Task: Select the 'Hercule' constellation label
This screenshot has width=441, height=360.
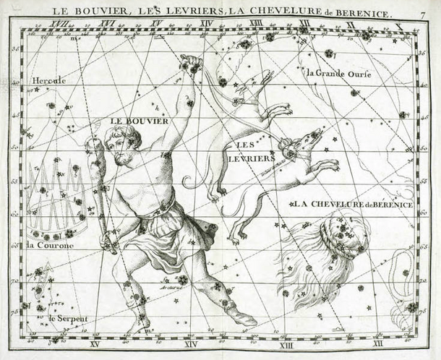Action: [48, 80]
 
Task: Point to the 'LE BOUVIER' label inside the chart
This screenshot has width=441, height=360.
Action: [140, 121]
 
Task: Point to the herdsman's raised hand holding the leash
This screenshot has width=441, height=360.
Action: [191, 65]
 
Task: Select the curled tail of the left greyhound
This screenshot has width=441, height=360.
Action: [189, 180]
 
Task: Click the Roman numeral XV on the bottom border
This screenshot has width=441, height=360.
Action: [94, 344]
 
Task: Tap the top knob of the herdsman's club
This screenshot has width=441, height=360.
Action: [94, 144]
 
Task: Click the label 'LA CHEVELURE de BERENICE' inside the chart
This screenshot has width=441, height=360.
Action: [353, 205]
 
